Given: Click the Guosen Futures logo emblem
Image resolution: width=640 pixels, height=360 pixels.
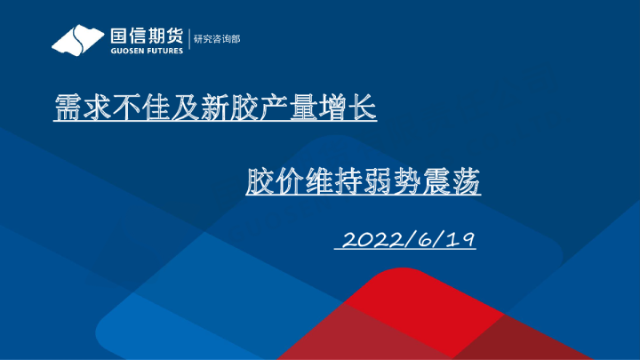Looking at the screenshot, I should (78, 40).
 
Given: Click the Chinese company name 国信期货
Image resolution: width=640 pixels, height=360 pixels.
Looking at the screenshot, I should (147, 36).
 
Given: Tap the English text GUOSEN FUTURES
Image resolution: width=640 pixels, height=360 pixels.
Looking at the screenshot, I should (147, 51).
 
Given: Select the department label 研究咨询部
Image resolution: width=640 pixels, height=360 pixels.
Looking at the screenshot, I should (217, 39).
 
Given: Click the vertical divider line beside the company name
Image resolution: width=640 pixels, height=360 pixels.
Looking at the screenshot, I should (190, 40).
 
